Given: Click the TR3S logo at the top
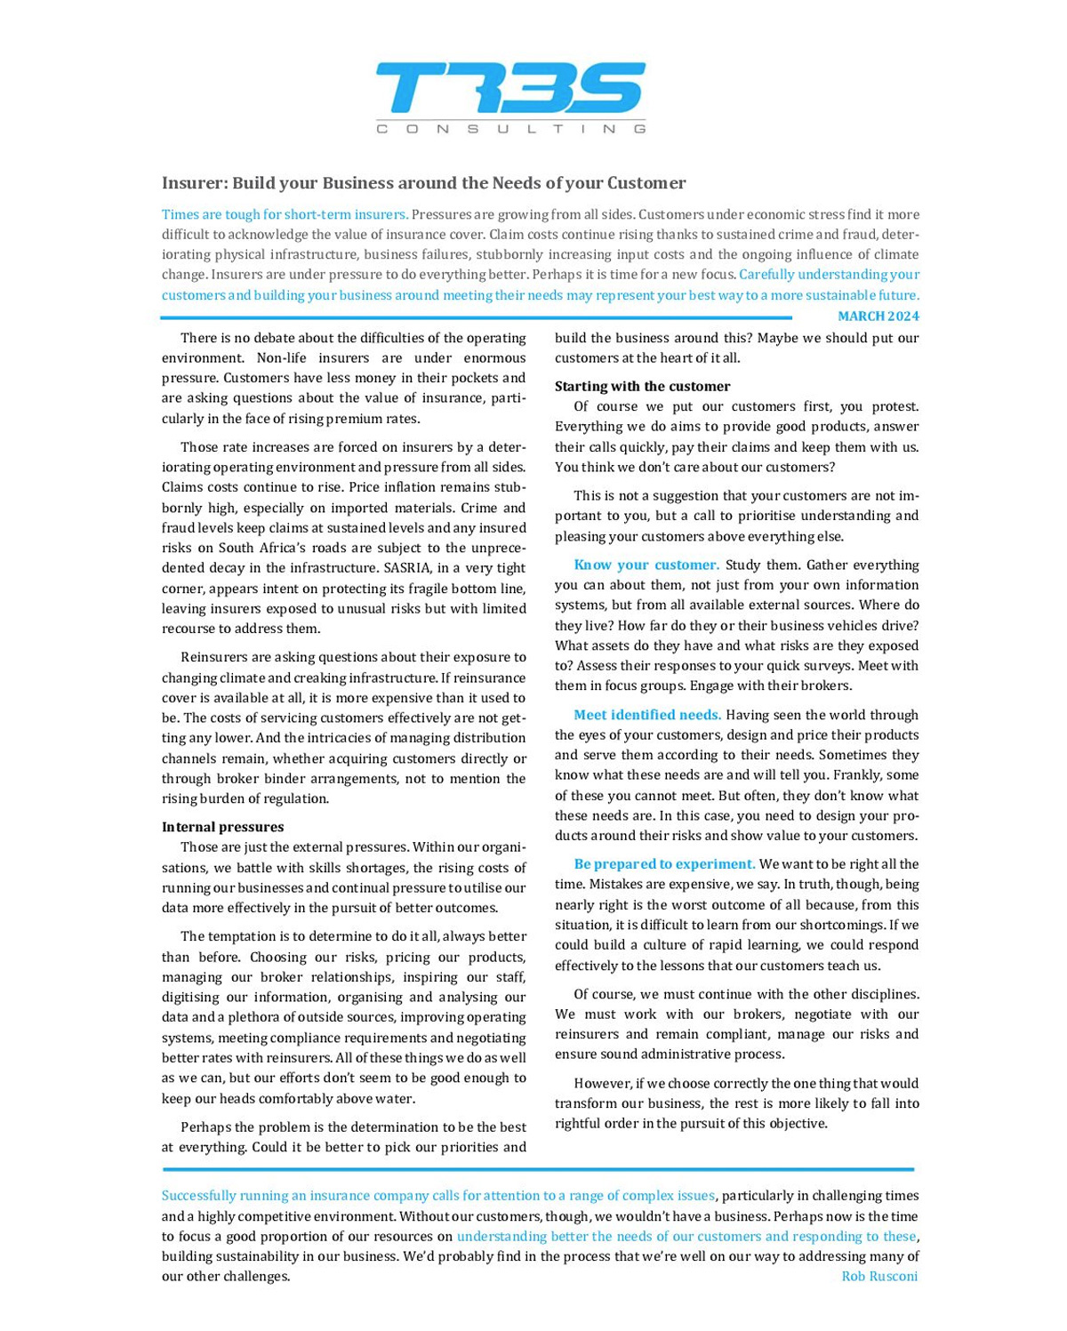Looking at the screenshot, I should [510, 88].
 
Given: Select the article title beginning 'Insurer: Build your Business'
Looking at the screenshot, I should [423, 183].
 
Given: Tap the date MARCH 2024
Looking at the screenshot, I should [878, 317].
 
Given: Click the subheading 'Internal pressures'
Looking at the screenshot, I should [222, 827].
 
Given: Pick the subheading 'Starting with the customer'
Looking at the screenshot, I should [642, 386].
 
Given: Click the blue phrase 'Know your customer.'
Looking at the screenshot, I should [646, 565].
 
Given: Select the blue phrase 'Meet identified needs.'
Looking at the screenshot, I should [646, 715].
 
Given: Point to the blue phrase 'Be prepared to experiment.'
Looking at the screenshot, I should [663, 864].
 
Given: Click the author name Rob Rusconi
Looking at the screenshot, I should [878, 1277].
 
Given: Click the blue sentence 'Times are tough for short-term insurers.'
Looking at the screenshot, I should [285, 214].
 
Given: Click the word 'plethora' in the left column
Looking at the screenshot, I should [253, 1017].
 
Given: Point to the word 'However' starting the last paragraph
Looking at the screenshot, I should [601, 1083].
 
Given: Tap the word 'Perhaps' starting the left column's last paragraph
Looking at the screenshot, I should [205, 1127].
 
